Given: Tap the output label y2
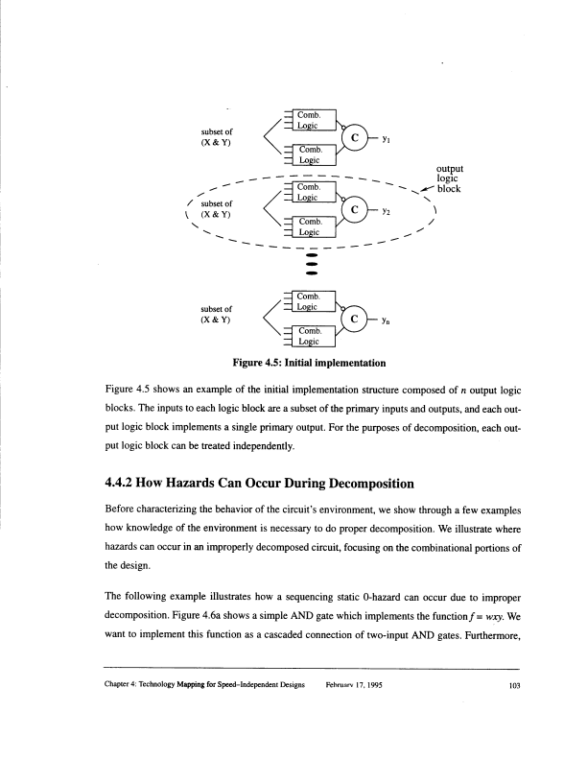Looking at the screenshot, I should (386, 212).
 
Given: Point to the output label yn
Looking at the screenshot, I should (386, 318).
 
